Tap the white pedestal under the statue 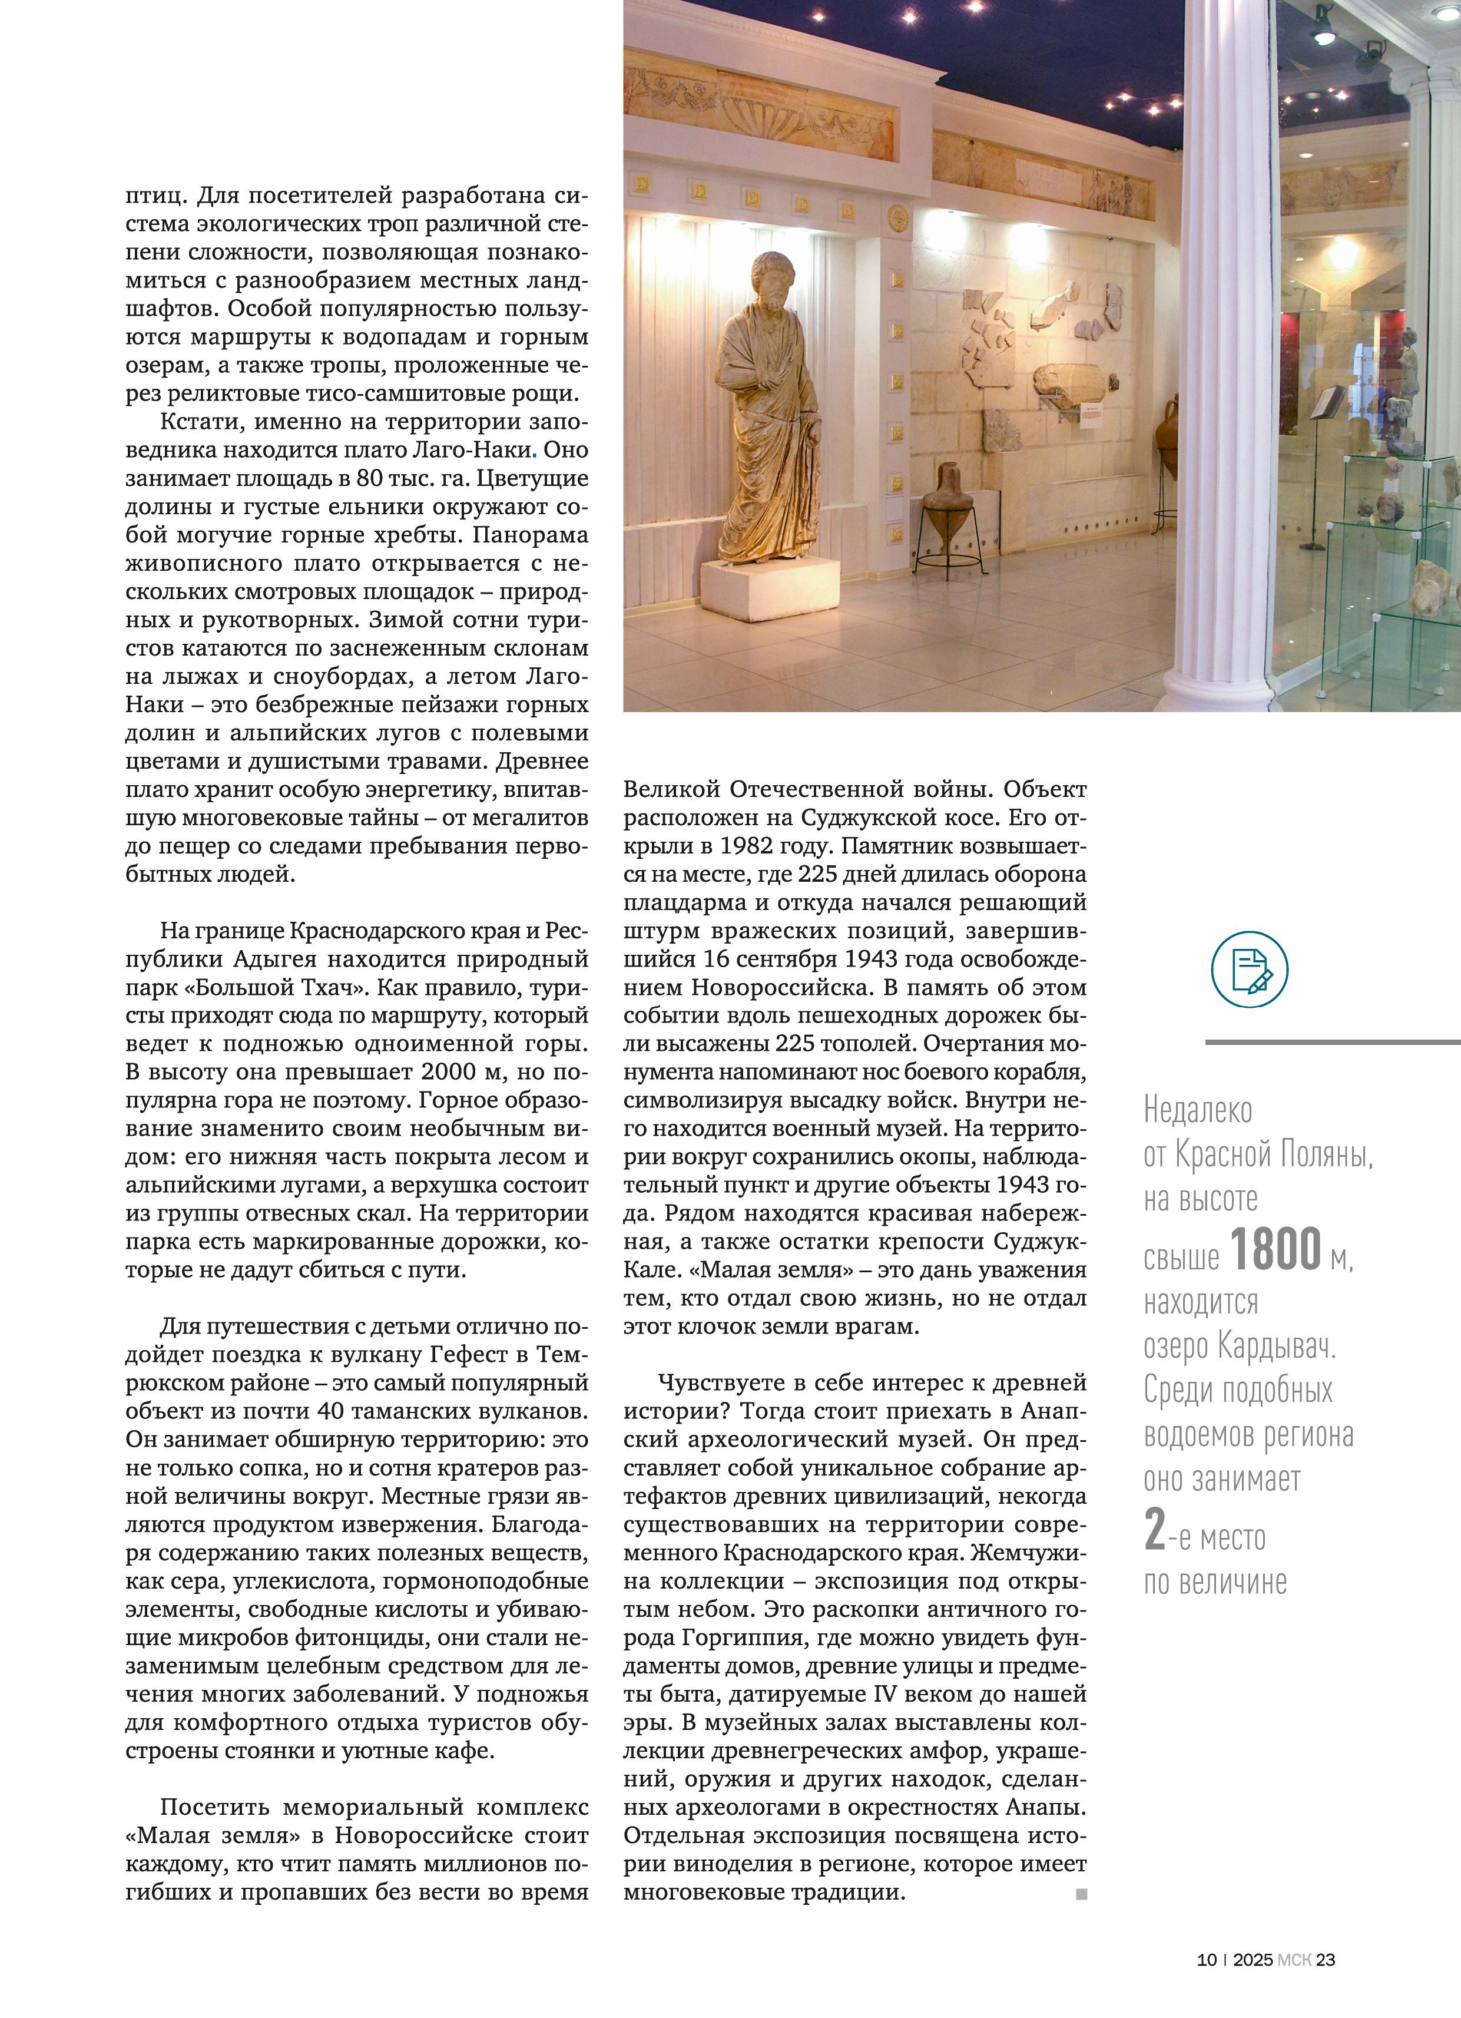pyautogui.click(x=770, y=588)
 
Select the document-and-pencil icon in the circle pyautogui.click(x=1249, y=970)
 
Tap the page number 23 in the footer pyautogui.click(x=1326, y=1984)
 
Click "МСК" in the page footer pyautogui.click(x=1294, y=1984)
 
